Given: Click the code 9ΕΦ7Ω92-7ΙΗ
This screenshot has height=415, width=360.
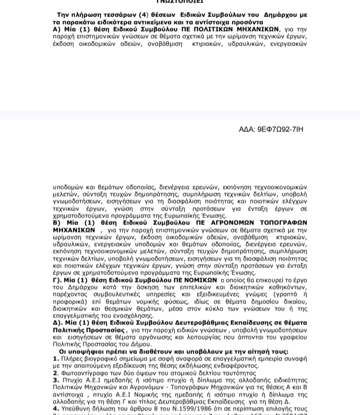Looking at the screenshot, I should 280,129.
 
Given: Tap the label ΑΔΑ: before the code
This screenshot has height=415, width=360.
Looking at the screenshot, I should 247,129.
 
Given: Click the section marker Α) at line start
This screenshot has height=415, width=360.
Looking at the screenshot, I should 57,29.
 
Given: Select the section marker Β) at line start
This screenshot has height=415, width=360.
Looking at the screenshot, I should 57,222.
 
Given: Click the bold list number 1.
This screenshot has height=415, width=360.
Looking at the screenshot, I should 56,359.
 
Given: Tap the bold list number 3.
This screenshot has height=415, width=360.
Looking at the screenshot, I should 56,380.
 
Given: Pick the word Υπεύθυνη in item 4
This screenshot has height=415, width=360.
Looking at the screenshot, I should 77,408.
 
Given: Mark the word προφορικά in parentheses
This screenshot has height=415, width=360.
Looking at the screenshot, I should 72,301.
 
